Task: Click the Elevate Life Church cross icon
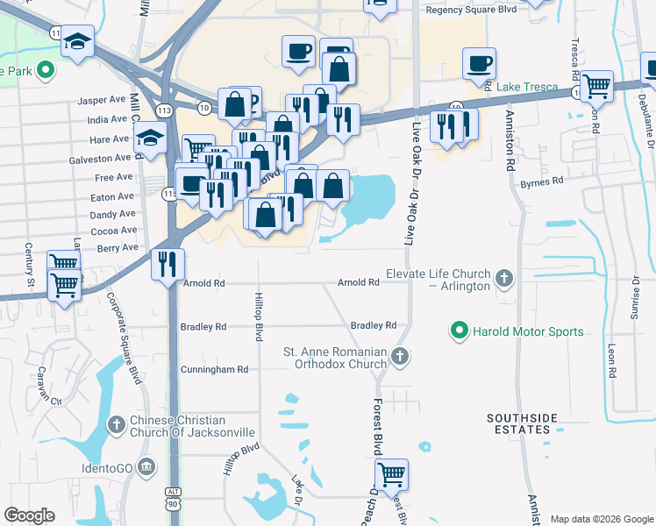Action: point(503,280)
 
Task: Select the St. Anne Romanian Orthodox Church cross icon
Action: point(400,356)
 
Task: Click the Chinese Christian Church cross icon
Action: point(116,425)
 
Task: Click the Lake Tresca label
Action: point(528,87)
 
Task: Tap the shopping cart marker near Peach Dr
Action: point(391,474)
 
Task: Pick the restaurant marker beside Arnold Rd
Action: point(168,264)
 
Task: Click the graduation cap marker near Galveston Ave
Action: point(150,138)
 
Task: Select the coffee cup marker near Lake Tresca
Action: point(479,63)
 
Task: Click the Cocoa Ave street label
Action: point(114,231)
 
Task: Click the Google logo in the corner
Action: point(30,515)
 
